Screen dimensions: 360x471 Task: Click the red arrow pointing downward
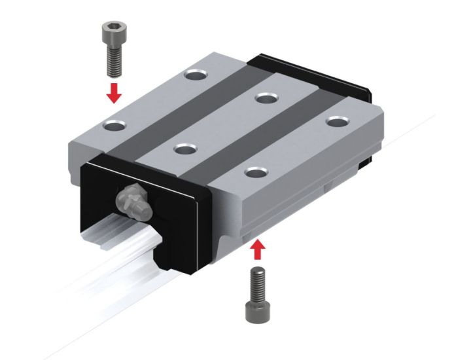[114, 94]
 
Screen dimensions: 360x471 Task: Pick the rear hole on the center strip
[266, 98]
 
